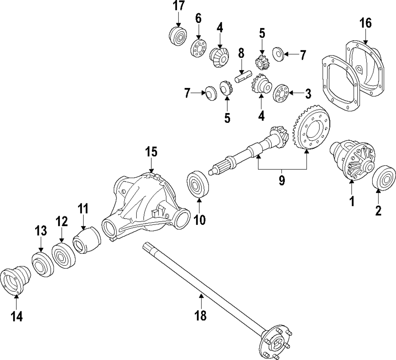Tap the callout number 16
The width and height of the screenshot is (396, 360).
366,23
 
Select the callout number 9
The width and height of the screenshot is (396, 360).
282,180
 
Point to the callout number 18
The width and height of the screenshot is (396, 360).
201,315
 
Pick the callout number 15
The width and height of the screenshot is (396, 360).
151,152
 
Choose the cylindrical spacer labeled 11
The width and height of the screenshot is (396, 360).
86,240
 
